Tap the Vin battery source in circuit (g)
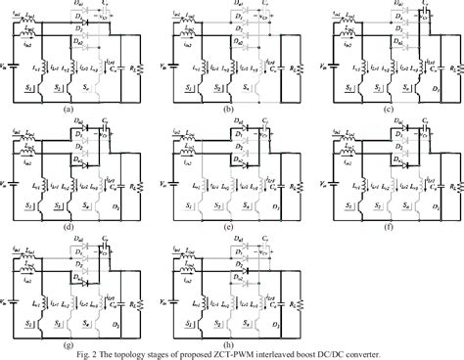pyautogui.click(x=10, y=298)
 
